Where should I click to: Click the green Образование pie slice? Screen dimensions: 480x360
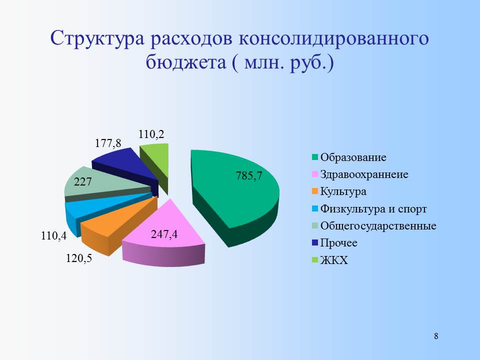click(x=235, y=196)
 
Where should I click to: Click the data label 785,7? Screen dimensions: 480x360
click(x=249, y=176)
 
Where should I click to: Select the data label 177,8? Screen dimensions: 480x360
click(x=108, y=143)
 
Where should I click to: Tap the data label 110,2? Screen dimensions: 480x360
click(x=151, y=134)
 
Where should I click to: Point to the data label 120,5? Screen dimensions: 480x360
click(x=79, y=258)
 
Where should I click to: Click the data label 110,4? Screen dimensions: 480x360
click(x=54, y=236)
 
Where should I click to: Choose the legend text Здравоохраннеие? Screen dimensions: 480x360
click(x=364, y=174)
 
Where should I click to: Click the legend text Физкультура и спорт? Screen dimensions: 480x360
click(x=373, y=209)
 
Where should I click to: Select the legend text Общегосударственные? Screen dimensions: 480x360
click(x=378, y=226)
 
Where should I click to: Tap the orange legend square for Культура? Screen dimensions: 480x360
click(x=315, y=192)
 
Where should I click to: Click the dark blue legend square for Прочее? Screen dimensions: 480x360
click(x=315, y=243)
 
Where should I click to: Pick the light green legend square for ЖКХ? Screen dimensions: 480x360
click(x=315, y=260)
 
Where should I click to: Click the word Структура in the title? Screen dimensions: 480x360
click(x=97, y=39)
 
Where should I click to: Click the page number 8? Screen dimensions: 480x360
click(x=436, y=336)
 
